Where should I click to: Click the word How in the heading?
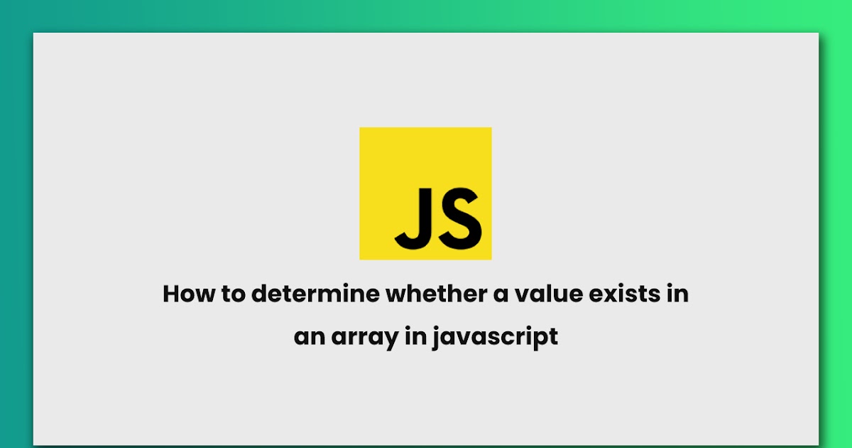187,294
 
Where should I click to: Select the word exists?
623,294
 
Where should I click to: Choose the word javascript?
497,336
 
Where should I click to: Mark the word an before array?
309,336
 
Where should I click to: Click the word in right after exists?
677,294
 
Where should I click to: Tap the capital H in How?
171,294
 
